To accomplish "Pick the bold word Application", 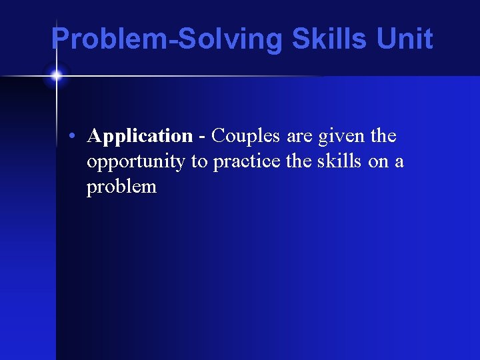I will tap(139, 137).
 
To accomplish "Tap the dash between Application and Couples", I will tap(202, 137).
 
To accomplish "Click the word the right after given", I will tap(383, 136).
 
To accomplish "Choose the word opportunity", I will tap(135, 162).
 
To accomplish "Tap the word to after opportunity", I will tap(199, 162).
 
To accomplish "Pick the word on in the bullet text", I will tap(378, 162).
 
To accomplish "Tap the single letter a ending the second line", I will tap(399, 162).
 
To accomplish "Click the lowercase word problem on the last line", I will tap(121, 187).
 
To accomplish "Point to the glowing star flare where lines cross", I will tap(56, 75).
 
